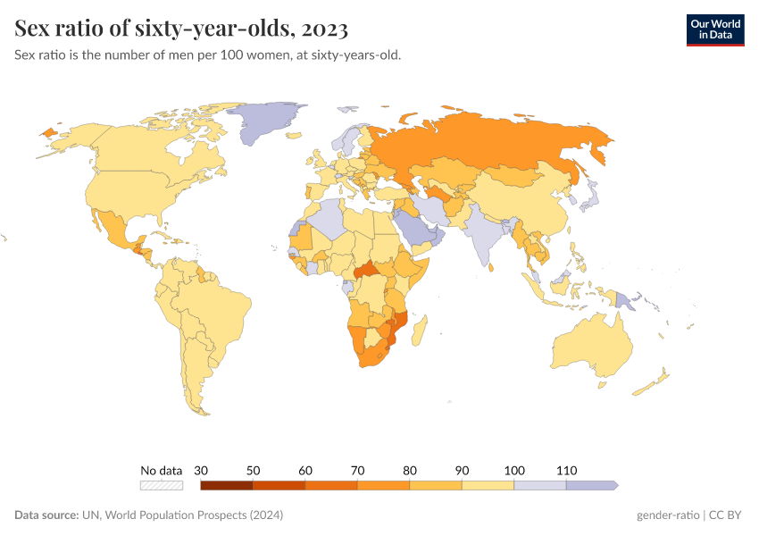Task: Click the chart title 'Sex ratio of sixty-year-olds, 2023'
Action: click(x=181, y=29)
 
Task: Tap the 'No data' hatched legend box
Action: click(x=162, y=485)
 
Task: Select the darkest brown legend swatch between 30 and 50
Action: click(x=227, y=485)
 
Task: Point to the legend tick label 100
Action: click(x=514, y=470)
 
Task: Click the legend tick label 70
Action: click(x=358, y=470)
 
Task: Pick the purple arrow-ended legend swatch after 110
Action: click(x=591, y=485)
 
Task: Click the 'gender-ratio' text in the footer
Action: click(x=667, y=515)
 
